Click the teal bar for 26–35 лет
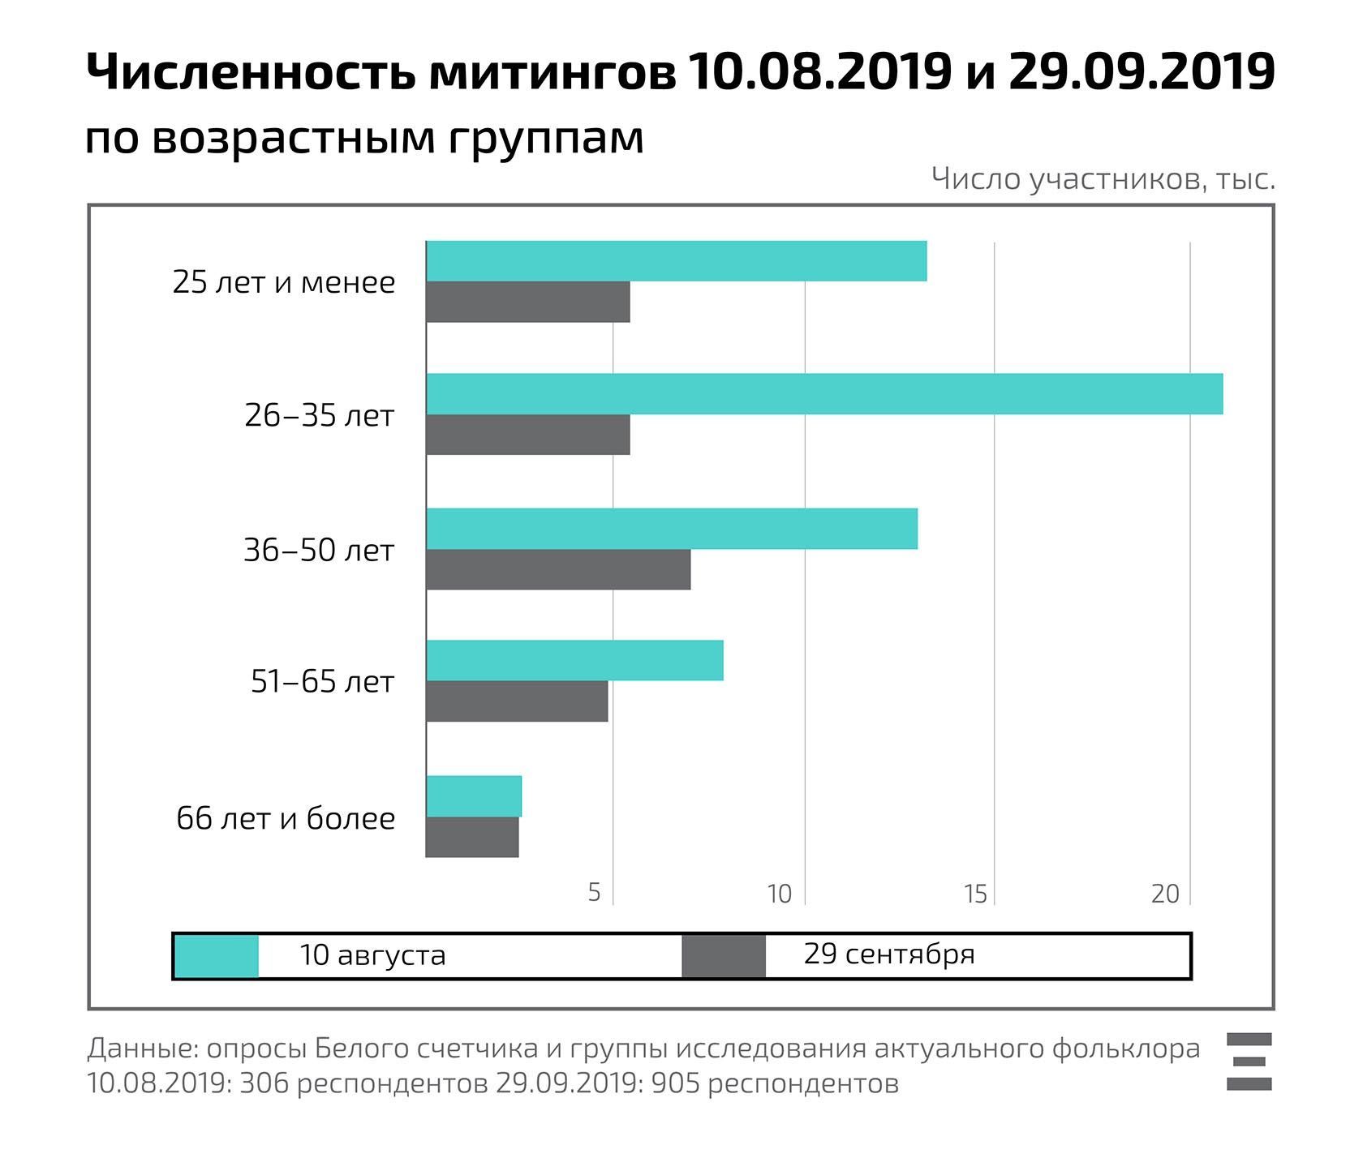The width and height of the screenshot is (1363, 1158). coord(823,394)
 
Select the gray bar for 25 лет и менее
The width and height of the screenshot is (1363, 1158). coord(527,302)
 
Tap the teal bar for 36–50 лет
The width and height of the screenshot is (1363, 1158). coord(672,529)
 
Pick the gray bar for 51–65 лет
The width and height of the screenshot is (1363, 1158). coord(517,701)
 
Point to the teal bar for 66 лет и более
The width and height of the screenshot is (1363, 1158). coord(474,796)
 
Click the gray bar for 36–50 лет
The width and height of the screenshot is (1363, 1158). coord(558,569)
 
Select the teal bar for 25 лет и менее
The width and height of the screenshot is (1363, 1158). coord(676,261)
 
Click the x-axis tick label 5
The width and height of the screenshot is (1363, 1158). coord(595,893)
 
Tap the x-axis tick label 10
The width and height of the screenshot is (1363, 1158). coord(779,893)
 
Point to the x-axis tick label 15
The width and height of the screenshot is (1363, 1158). coord(975,893)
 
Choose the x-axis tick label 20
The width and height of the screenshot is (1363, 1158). coord(1165,893)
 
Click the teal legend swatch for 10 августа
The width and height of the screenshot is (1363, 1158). coord(217,956)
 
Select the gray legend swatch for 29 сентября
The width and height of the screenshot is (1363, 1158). coord(724,956)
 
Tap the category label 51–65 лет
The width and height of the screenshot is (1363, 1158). coord(322,682)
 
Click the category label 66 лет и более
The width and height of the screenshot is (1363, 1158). coord(286,818)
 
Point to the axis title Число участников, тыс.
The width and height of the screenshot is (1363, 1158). coord(1103,179)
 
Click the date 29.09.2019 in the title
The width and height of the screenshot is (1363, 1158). coord(1142,72)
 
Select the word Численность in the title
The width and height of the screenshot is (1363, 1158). coord(247,72)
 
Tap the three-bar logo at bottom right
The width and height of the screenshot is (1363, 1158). coord(1249,1061)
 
